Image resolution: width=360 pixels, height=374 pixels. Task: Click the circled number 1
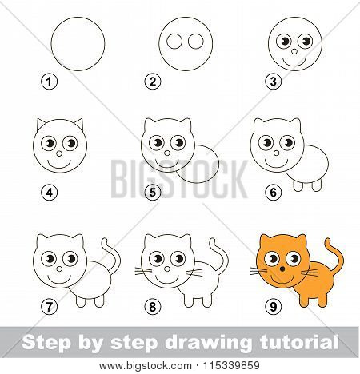pos(49,82)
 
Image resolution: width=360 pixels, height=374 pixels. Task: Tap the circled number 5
pos(153,193)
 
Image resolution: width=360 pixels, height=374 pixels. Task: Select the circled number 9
pos(274,307)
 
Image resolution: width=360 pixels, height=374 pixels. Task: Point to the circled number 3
pos(274,82)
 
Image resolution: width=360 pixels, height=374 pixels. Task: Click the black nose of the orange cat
pos(282,269)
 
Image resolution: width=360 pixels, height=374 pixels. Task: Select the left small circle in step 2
pos(174,42)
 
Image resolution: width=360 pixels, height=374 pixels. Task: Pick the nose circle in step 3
pos(294,51)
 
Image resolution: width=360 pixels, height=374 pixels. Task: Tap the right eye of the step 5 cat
pos(178,143)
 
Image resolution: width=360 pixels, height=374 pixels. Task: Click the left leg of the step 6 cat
pos(298,185)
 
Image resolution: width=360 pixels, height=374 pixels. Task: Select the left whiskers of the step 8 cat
pos(143,271)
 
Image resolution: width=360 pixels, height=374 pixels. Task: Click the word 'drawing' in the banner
pos(208,343)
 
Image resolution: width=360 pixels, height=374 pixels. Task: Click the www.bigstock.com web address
pos(146,366)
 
